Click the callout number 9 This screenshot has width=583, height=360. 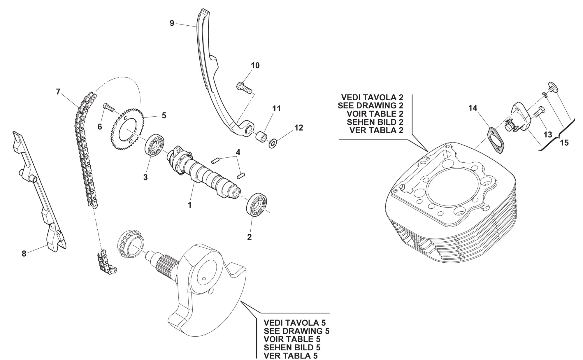(x=172, y=23)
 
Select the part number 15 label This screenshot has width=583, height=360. (x=564, y=143)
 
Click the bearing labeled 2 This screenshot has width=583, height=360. (x=258, y=205)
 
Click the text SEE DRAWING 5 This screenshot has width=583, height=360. (x=296, y=331)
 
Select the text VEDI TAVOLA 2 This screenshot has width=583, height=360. (x=372, y=97)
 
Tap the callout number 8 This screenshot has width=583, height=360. (x=24, y=254)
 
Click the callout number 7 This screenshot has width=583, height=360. (x=58, y=92)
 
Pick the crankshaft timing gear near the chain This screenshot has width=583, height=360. (x=130, y=244)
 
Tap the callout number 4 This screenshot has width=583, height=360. (x=238, y=152)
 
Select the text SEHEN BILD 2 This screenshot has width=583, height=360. (x=375, y=122)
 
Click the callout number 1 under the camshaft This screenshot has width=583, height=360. (x=189, y=205)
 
